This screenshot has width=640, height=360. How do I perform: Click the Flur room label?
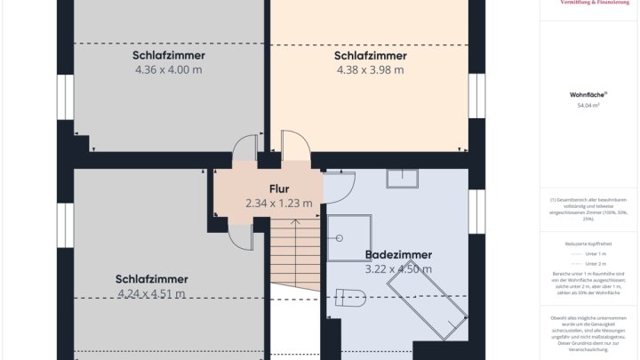[279, 188]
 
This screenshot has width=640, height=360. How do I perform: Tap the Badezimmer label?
[397, 254]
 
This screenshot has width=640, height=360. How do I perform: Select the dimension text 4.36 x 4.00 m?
[168, 69]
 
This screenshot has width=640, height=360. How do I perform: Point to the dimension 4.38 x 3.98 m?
[370, 69]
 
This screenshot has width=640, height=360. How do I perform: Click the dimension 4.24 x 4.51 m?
[151, 293]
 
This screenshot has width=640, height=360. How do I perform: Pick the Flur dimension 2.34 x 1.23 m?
[279, 203]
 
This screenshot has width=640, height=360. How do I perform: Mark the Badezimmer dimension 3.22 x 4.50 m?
[397, 268]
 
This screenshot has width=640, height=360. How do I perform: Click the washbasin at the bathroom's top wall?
[402, 178]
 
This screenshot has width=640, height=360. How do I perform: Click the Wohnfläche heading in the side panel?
[588, 94]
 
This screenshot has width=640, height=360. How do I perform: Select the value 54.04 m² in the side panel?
[588, 105]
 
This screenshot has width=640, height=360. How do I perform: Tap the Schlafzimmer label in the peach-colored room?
[370, 55]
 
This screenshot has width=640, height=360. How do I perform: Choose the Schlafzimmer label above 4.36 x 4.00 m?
[168, 55]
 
